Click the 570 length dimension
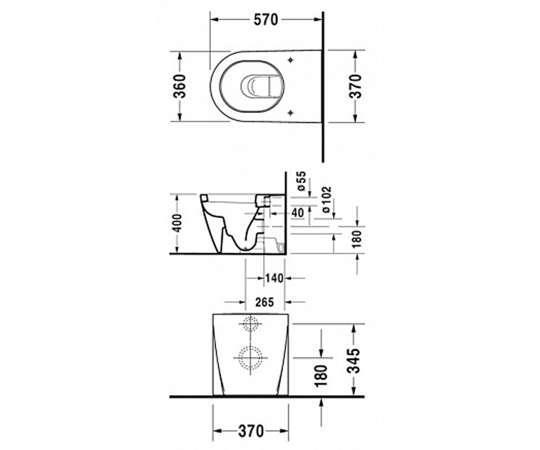pos(265,20)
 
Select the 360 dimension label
pos(180,86)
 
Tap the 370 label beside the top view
pos(355,86)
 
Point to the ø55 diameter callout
pos(301,181)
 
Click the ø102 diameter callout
pos(327,200)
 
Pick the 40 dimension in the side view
pos(297,213)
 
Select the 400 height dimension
pos(178,223)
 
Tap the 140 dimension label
pos(274,279)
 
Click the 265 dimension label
pos(264,302)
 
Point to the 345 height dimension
pos(353,361)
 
